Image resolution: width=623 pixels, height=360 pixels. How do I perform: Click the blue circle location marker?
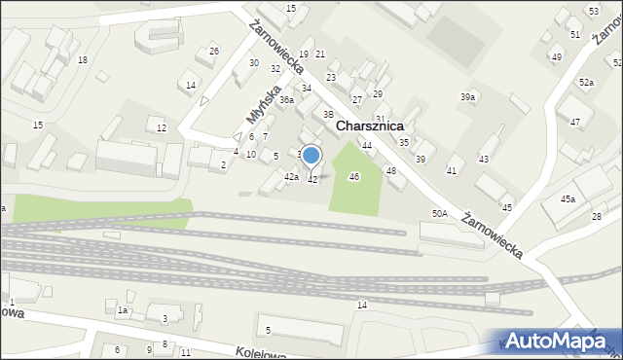311,155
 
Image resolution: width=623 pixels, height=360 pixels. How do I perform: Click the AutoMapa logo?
559,340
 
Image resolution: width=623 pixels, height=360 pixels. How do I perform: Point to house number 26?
214,51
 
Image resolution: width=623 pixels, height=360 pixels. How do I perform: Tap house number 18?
83,60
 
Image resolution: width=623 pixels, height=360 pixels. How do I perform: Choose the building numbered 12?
162,128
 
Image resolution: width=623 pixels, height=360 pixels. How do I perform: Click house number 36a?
286,100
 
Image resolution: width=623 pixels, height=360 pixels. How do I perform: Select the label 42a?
291,176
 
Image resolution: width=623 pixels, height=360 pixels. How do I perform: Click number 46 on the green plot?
354,176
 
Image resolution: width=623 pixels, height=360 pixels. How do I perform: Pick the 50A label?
440,213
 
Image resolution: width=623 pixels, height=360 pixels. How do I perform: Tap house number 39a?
468,97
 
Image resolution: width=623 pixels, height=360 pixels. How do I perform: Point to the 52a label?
586,83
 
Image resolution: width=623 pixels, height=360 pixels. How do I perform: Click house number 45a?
568,199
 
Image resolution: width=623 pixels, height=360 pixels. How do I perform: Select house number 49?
556,57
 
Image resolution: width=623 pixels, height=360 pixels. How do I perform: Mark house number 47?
575,123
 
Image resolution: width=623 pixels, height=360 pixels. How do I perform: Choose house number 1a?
123,309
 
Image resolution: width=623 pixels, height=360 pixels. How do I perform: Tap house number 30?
254,63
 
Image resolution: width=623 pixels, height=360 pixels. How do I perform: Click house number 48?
391,170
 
